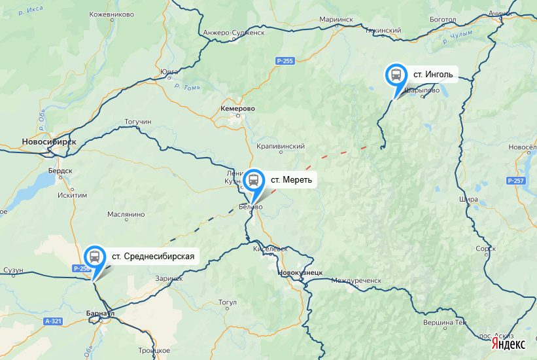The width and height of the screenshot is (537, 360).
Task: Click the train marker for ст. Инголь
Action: click(x=396, y=75)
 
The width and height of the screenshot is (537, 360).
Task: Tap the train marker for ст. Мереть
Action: click(x=254, y=179)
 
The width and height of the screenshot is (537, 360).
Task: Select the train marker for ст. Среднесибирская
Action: click(x=95, y=256)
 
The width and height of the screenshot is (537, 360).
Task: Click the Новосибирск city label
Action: click(x=48, y=141)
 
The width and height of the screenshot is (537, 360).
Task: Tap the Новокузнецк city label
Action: click(x=300, y=272)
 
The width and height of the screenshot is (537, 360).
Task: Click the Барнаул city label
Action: click(x=100, y=314)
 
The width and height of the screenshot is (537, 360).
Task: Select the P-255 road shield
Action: click(x=285, y=61)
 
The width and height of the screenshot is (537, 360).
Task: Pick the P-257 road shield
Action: click(x=515, y=180)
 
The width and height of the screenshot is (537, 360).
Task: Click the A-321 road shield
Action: click(x=54, y=321)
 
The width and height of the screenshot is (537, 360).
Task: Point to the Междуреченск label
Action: click(x=356, y=280)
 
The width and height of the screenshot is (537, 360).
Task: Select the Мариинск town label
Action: click(x=336, y=20)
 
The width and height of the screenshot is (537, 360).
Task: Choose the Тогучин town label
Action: click(x=137, y=122)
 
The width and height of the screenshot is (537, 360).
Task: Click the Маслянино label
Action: click(x=126, y=215)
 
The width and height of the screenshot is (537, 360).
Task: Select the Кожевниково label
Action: click(x=111, y=14)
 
